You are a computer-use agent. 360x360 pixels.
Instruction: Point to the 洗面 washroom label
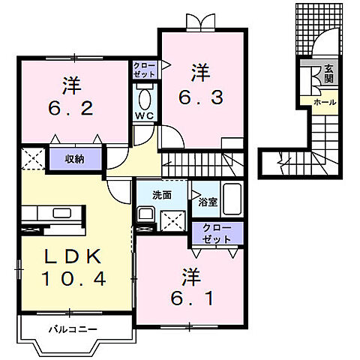coord(162,195)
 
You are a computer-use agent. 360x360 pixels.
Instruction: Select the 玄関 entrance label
coord(328,73)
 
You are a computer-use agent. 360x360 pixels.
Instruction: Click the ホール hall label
coord(324,101)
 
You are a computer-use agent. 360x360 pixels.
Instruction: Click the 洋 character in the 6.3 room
coord(199,73)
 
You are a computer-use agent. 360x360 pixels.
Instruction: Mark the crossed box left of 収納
coord(32,158)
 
